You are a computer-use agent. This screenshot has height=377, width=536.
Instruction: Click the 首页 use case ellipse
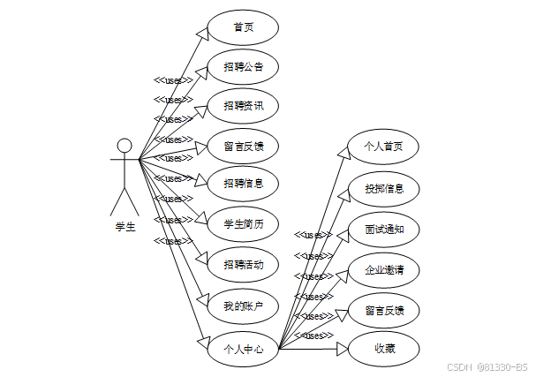[x=243, y=26]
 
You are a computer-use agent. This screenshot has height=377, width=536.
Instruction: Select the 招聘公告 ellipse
[x=243, y=66]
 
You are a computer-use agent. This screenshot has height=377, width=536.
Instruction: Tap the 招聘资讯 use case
[x=243, y=105]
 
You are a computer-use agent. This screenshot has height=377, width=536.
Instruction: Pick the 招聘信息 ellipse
[x=243, y=183]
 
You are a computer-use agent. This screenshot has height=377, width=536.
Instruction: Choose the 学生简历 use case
[x=243, y=223]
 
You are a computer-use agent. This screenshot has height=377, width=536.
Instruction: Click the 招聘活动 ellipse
[x=243, y=264]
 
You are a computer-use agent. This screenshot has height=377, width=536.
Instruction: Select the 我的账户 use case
[x=243, y=305]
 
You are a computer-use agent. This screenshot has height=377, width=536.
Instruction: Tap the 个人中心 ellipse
[x=243, y=348]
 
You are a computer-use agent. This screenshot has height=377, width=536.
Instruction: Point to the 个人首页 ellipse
[x=384, y=147]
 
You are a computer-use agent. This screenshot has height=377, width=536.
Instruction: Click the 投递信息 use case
[x=384, y=188]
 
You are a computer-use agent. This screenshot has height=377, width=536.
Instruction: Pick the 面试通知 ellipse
[x=384, y=229]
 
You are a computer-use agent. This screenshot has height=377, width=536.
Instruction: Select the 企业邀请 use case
[x=384, y=269]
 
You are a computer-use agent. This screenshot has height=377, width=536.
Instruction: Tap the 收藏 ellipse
[x=384, y=348]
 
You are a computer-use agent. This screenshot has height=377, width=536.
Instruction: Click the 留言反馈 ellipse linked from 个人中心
[x=384, y=310]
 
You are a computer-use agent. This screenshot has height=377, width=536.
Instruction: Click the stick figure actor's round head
[x=125, y=145]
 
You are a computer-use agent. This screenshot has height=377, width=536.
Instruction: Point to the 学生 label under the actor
[x=125, y=227]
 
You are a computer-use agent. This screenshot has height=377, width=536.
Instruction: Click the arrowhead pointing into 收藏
[x=344, y=349]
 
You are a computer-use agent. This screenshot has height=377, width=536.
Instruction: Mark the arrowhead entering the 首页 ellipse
[x=202, y=32]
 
